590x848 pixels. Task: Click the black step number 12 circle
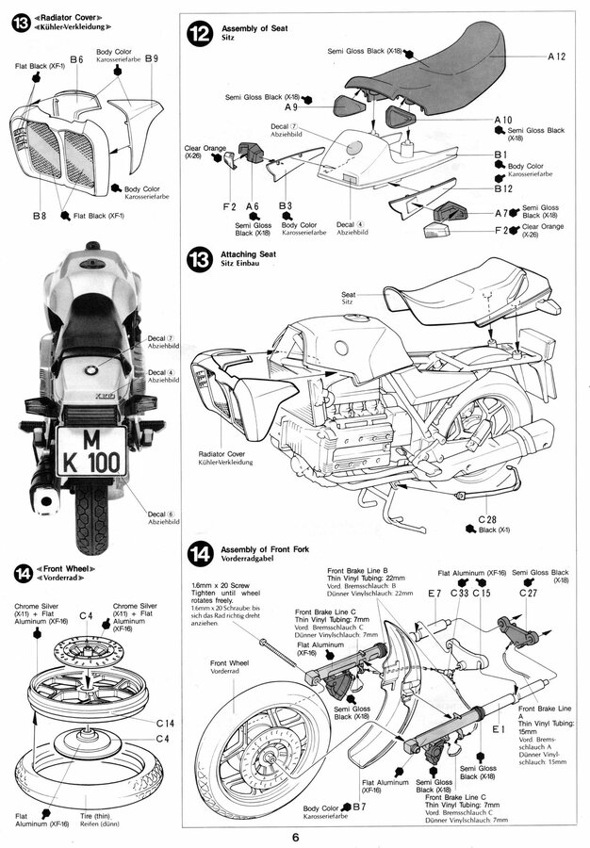(200, 34)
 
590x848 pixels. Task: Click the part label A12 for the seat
(556, 57)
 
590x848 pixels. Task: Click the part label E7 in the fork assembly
(434, 593)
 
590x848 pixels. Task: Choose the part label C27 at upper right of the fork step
(528, 593)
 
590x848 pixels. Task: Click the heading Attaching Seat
(247, 254)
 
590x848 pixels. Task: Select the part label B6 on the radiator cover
(76, 59)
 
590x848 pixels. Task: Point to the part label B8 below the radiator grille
(39, 216)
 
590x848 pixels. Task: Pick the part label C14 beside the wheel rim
(166, 722)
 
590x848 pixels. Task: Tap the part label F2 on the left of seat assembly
(229, 204)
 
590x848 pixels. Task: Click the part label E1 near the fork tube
(498, 728)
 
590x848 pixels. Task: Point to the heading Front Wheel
(77, 569)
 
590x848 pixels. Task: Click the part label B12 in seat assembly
(502, 188)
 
